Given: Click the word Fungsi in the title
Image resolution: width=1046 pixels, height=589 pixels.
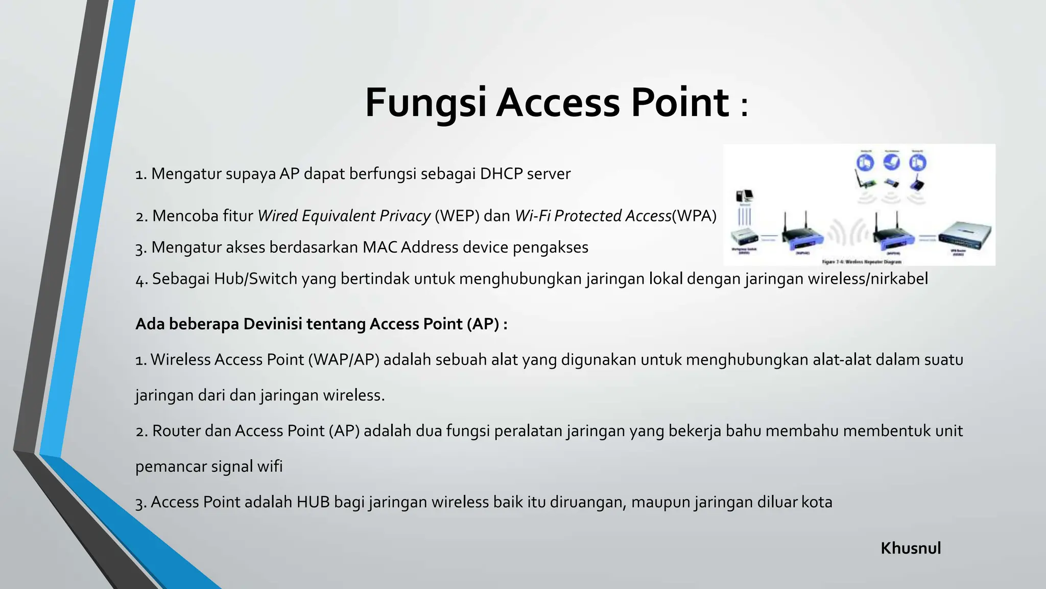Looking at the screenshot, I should tap(425, 103).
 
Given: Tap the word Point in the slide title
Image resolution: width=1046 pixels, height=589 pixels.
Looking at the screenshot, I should tap(680, 103).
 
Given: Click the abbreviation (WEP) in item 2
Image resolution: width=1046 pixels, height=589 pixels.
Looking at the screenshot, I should tap(457, 216).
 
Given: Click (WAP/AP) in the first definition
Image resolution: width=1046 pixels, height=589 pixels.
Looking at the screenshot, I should tap(344, 360).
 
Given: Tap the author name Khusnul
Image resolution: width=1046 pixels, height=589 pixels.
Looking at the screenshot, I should tap(911, 548).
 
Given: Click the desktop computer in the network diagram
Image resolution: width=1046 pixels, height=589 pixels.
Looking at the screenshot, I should tap(744, 196).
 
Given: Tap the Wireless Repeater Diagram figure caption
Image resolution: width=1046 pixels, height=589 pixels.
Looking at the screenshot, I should tap(862, 262).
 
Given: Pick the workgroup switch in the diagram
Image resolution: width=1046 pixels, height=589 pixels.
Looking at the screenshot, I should tap(745, 237).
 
